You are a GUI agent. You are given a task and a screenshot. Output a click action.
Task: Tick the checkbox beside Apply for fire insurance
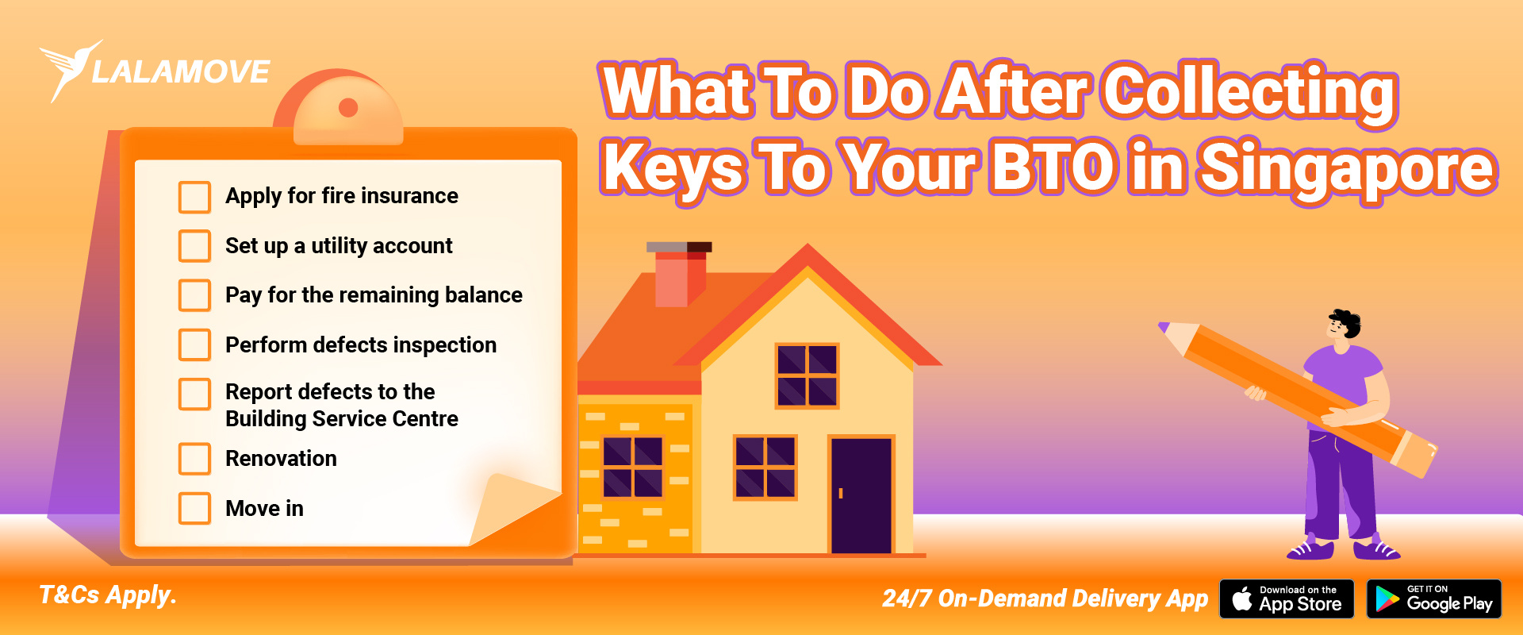[x=194, y=197]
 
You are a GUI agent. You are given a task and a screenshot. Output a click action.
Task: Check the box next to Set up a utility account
[x=194, y=246]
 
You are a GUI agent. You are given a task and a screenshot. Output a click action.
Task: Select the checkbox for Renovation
[x=194, y=459]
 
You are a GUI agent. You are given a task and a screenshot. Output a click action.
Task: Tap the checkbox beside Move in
[x=194, y=509]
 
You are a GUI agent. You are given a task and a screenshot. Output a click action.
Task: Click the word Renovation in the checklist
[x=281, y=459]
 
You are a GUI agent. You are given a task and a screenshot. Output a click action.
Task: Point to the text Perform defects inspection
[x=361, y=345]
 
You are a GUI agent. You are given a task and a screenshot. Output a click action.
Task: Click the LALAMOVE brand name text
[x=181, y=73]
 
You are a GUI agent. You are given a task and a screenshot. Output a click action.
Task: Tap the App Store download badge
[x=1287, y=599]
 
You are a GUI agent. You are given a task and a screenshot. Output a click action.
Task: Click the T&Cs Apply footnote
[x=108, y=595]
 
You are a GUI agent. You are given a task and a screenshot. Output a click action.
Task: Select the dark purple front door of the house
[x=861, y=495]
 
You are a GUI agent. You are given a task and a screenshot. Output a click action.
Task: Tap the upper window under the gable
[x=807, y=375]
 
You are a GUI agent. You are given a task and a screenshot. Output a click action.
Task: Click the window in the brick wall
[x=632, y=467]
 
